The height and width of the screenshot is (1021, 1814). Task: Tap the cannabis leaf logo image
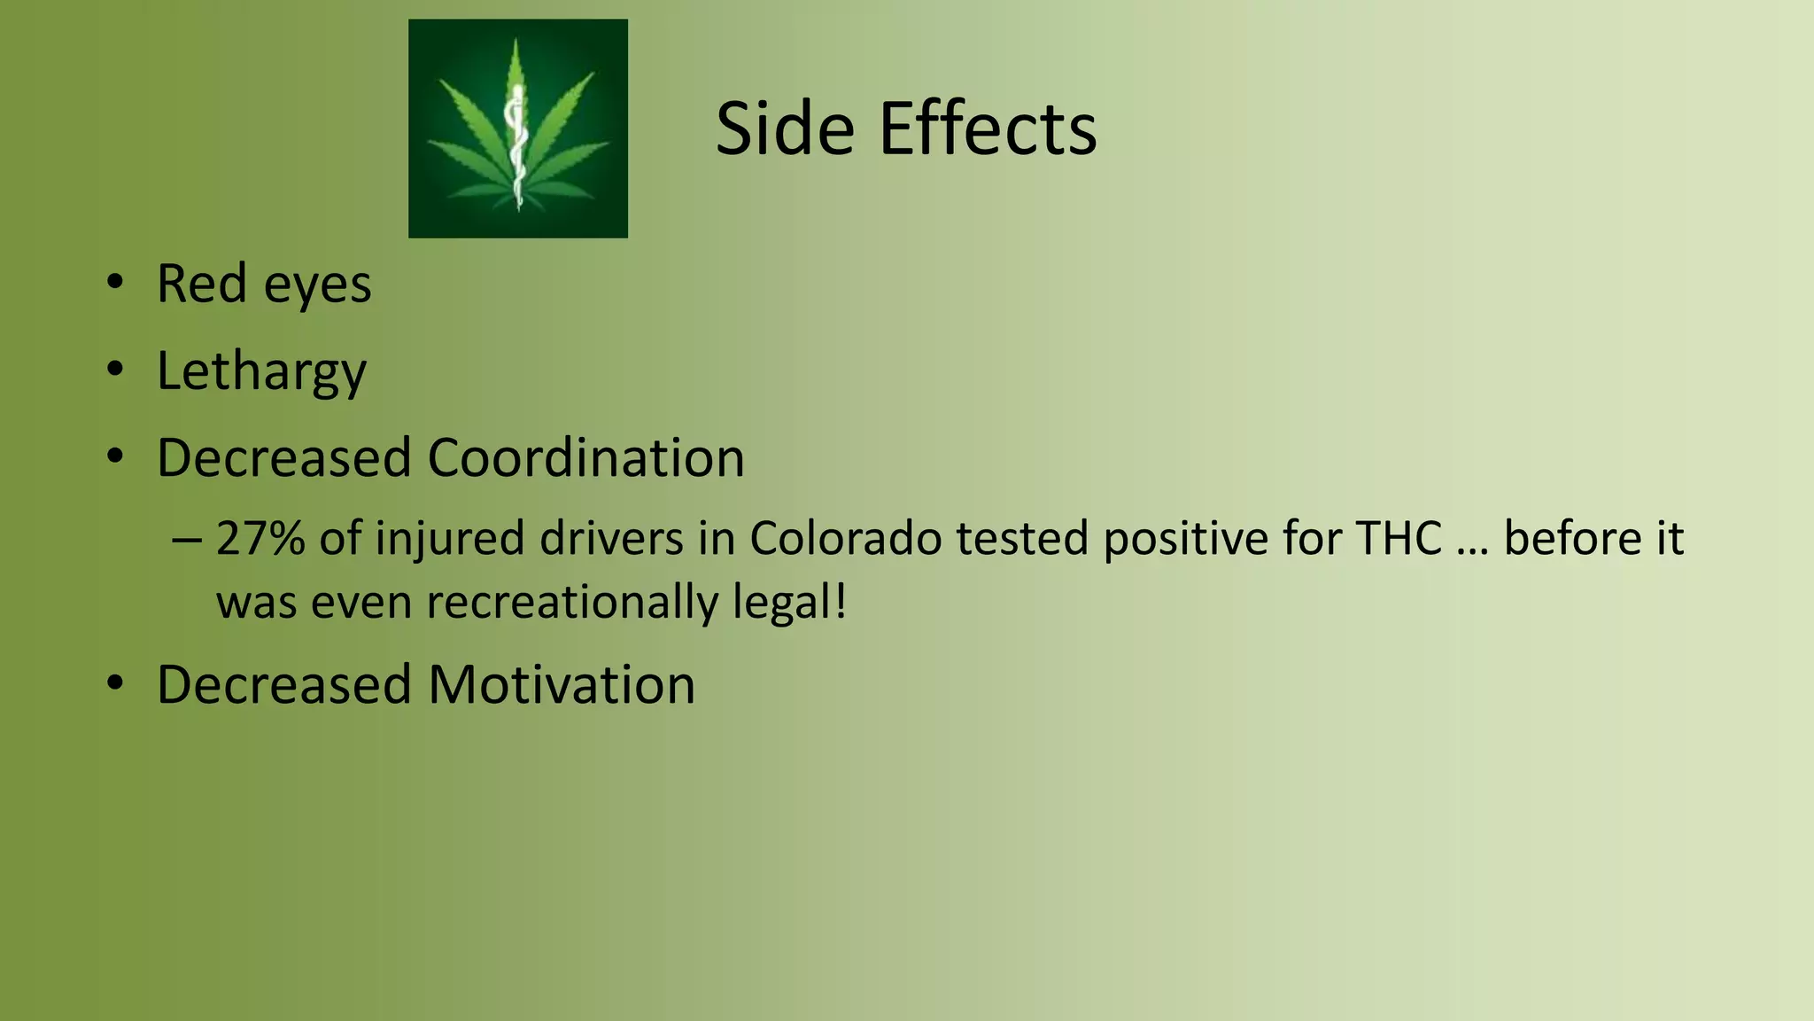pyautogui.click(x=518, y=129)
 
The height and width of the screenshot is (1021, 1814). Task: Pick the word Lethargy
pyautogui.click(x=261, y=372)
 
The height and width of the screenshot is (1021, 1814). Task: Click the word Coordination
pyautogui.click(x=585, y=457)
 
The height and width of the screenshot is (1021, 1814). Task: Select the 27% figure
pyautogui.click(x=260, y=538)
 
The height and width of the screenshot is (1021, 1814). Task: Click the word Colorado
pyautogui.click(x=845, y=538)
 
